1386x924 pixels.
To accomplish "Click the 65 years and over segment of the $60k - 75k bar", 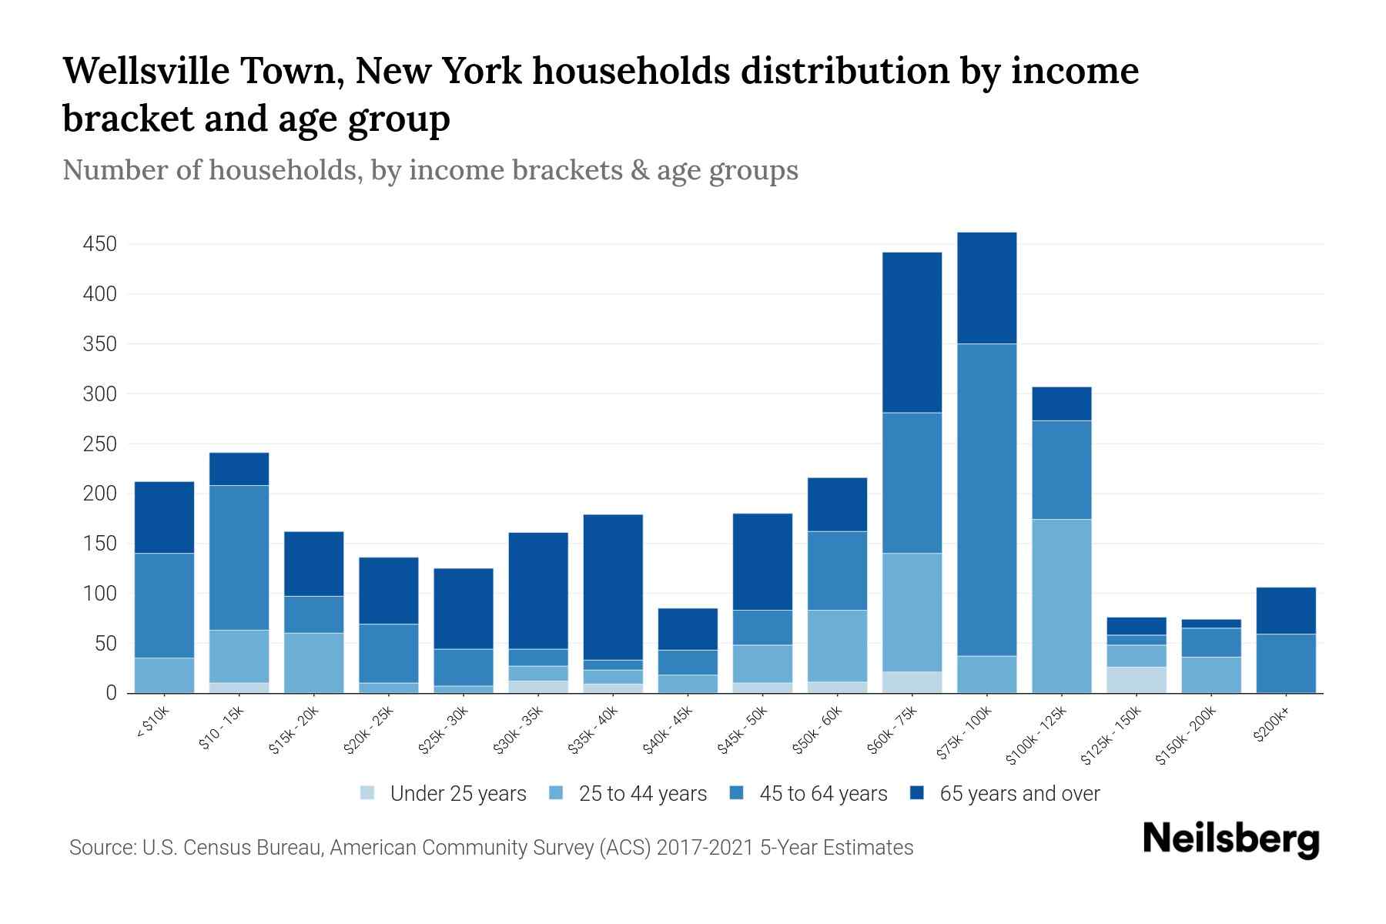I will (x=912, y=333).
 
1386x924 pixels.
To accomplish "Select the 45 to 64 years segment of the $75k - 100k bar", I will (x=986, y=500).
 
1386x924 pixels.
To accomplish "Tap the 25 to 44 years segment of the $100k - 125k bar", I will (x=1061, y=606).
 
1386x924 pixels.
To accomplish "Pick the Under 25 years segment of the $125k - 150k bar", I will (x=1136, y=680).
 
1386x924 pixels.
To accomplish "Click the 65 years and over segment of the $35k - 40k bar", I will (x=613, y=587).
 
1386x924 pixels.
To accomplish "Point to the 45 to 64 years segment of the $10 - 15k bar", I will (x=239, y=557).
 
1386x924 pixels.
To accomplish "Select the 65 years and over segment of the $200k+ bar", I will (x=1285, y=611).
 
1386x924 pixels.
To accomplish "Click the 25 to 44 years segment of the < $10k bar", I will (x=164, y=675).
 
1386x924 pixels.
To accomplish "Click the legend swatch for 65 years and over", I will (x=917, y=793).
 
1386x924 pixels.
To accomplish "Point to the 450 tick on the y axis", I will (x=100, y=244).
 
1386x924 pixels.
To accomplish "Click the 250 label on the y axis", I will (x=100, y=444).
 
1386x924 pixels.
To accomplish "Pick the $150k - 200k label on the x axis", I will (x=1185, y=737).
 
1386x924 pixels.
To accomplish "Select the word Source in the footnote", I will (x=101, y=848).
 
